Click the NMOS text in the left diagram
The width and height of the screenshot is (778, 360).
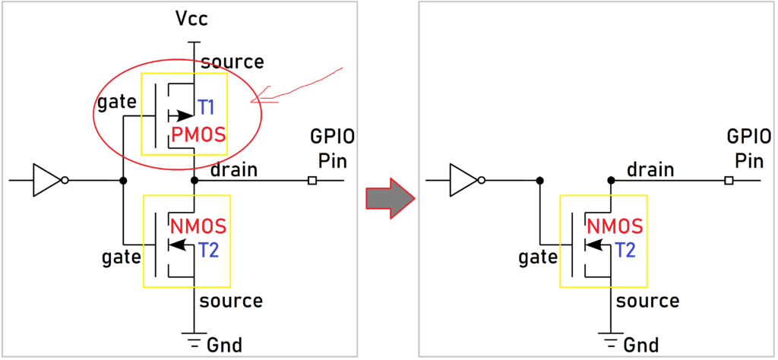pyautogui.click(x=200, y=226)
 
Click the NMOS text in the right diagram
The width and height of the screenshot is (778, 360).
pyautogui.click(x=615, y=226)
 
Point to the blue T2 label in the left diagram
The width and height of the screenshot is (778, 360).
pyautogui.click(x=208, y=250)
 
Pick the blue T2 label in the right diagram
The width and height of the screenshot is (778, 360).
pyautogui.click(x=625, y=250)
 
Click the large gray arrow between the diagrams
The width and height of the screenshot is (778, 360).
pyautogui.click(x=388, y=197)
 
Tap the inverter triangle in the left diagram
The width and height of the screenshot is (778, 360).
pyautogui.click(x=46, y=181)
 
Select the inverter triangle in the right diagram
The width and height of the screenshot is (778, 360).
pyautogui.click(x=463, y=181)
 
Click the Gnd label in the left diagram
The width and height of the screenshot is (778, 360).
pyautogui.click(x=224, y=343)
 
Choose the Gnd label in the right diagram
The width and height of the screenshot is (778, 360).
pyautogui.click(x=640, y=343)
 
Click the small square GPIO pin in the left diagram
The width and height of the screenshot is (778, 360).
pyautogui.click(x=312, y=181)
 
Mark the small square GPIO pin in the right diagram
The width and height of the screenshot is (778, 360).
pyautogui.click(x=728, y=181)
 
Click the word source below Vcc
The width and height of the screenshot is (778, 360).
pyautogui.click(x=232, y=62)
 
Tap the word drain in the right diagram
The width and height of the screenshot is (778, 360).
pyautogui.click(x=650, y=169)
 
